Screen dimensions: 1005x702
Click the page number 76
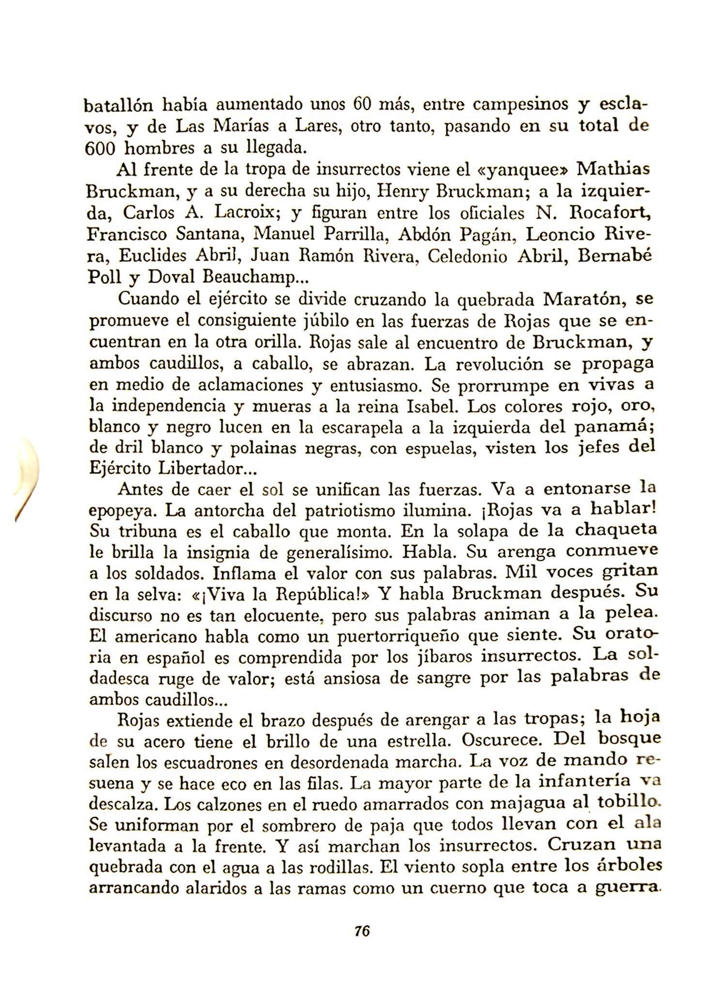(362, 930)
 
